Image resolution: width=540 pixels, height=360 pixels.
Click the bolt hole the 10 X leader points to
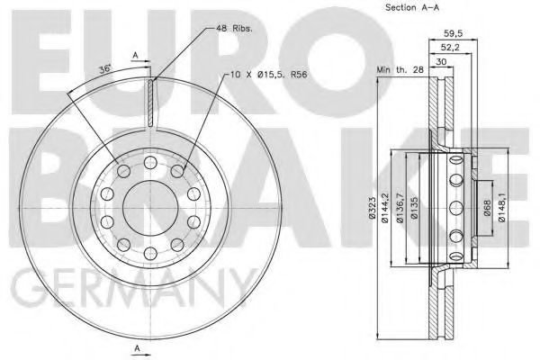point(178,170)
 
